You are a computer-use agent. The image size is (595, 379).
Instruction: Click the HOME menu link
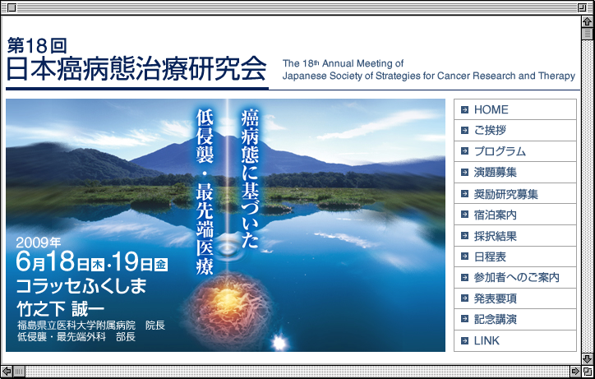491,109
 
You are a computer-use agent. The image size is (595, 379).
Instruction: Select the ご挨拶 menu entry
490,130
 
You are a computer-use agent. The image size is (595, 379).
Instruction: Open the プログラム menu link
500,151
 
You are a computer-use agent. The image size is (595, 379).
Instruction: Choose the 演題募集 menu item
496,173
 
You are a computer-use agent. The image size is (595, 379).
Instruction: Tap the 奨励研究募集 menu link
505,194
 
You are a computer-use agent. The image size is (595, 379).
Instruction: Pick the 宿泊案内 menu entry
496,215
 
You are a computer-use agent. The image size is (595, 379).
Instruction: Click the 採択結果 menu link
496,236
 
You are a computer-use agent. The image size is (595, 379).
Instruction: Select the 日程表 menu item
490,257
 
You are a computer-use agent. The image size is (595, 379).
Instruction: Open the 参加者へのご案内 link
516,278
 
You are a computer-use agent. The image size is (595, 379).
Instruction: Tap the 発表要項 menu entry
496,298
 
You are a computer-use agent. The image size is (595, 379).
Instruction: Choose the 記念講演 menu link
496,319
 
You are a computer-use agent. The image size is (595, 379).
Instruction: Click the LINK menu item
487,340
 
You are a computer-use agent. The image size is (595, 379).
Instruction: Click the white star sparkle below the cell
279,343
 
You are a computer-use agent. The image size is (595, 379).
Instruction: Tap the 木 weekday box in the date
98,264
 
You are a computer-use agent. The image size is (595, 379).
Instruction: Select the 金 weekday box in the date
160,264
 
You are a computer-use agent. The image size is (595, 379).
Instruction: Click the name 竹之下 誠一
60,309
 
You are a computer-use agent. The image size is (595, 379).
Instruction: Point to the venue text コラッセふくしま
81,286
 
